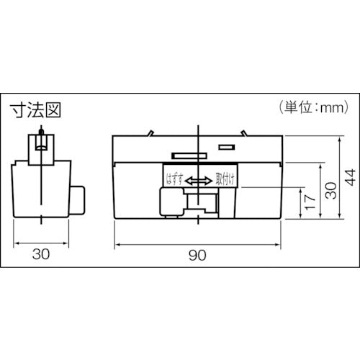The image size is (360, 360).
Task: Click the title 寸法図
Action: tap(34, 110)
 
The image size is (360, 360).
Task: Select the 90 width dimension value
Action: tap(197, 253)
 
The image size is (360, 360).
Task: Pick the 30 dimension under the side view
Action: tap(41, 253)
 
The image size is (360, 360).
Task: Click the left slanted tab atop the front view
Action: tap(150, 132)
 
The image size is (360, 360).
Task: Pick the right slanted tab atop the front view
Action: tap(244, 132)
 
